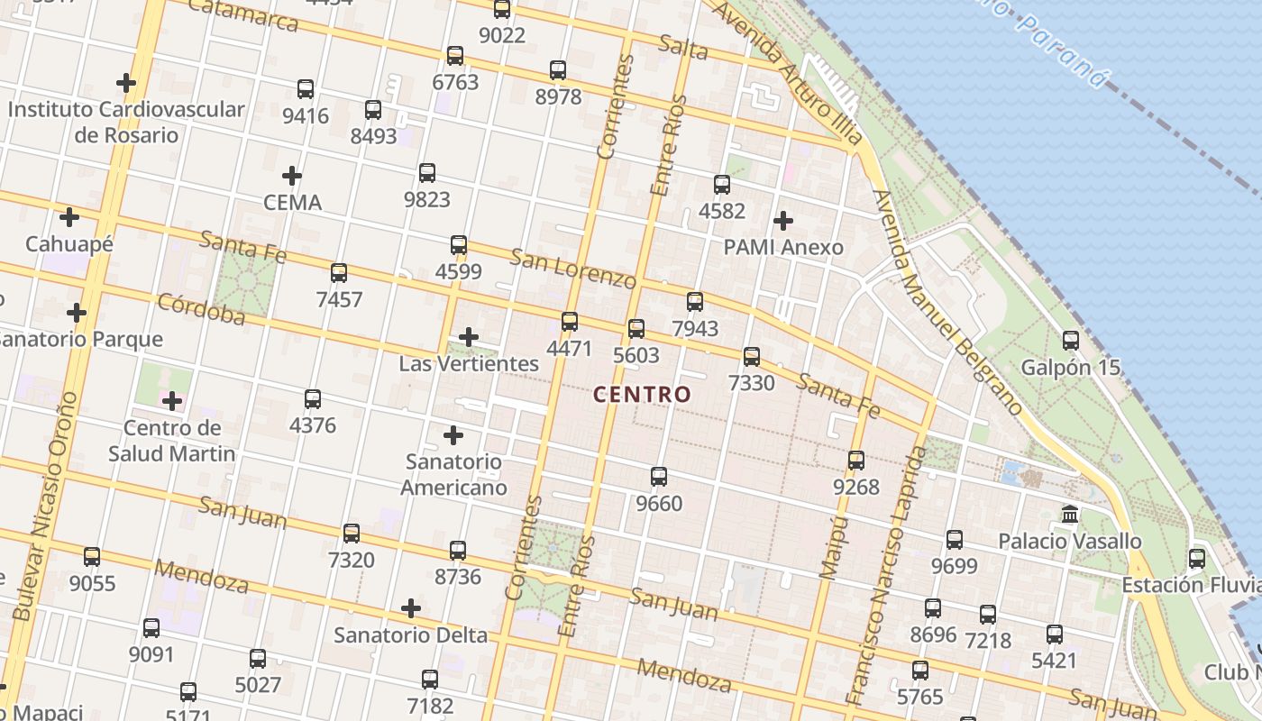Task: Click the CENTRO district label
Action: pyautogui.click(x=643, y=394)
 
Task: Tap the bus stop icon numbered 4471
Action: pyautogui.click(x=570, y=322)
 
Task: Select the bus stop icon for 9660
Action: pyautogui.click(x=659, y=477)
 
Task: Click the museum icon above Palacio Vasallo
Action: pyautogui.click(x=1070, y=515)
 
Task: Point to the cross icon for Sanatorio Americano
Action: pyautogui.click(x=453, y=436)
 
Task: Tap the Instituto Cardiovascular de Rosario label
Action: pyautogui.click(x=126, y=122)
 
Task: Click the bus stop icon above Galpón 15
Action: pyautogui.click(x=1070, y=341)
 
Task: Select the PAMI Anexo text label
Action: pyautogui.click(x=783, y=247)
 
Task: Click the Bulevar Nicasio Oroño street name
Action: pyautogui.click(x=47, y=505)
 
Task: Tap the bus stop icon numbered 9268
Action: pyautogui.click(x=855, y=461)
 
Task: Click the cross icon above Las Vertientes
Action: pyautogui.click(x=468, y=337)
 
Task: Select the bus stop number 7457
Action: pyautogui.click(x=339, y=299)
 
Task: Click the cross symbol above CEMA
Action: pyautogui.click(x=291, y=176)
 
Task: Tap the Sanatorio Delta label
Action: pyautogui.click(x=410, y=634)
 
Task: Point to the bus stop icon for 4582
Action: pyautogui.click(x=721, y=185)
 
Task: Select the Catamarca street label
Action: pyautogui.click(x=243, y=14)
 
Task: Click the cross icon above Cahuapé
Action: pyautogui.click(x=69, y=217)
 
